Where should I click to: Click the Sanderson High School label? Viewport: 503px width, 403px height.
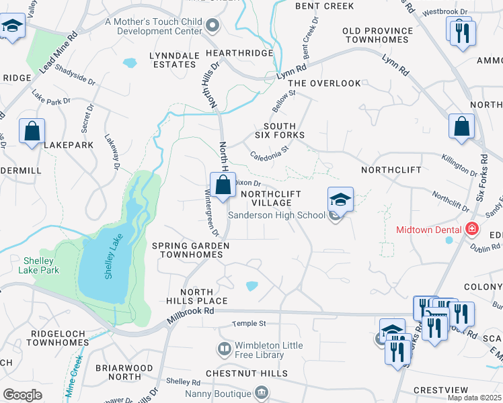tap(277, 216)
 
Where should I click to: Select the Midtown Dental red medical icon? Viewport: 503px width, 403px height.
tap(472, 229)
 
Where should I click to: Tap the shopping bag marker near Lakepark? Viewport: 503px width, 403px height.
tap(32, 131)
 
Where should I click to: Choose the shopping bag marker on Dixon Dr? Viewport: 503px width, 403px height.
tap(223, 185)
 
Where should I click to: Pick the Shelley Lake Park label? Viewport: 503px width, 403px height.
tap(42, 265)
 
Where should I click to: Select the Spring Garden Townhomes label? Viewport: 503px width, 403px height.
tap(191, 251)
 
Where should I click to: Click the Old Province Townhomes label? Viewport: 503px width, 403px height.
tap(377, 35)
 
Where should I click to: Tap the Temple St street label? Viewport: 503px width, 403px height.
tap(249, 324)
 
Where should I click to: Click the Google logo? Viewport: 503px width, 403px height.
tap(22, 394)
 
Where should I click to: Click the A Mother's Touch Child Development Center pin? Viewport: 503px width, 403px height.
tap(213, 26)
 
